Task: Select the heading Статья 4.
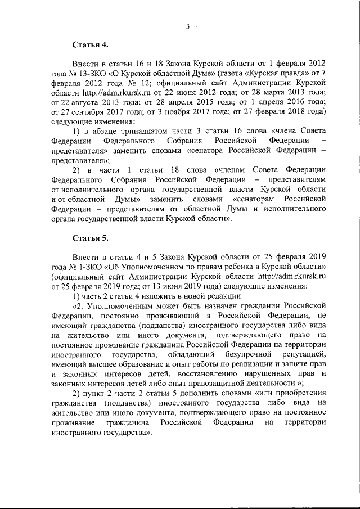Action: [89, 43]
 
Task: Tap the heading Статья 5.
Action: [89, 238]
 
